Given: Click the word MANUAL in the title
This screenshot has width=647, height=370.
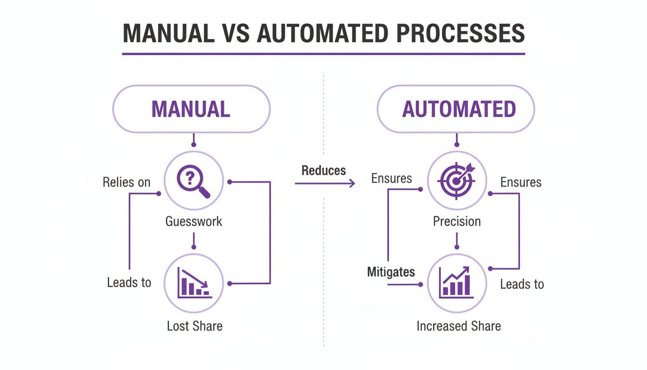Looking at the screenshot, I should [x=168, y=33].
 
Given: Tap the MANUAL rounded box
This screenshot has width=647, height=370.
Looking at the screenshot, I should [x=191, y=109].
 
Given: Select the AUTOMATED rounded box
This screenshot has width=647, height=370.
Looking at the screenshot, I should [x=455, y=109].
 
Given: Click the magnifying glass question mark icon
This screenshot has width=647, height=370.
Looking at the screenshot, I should [x=194, y=181].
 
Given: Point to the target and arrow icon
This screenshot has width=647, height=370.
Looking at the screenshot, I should [x=456, y=181].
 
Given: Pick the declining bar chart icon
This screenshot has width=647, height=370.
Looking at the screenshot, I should [x=194, y=283].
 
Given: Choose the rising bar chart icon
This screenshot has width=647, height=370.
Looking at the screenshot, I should [x=456, y=283].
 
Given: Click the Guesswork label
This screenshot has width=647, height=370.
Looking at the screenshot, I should [x=194, y=222].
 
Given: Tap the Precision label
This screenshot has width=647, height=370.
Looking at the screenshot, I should [x=456, y=222].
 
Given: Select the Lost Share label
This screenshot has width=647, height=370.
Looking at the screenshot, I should [x=194, y=326].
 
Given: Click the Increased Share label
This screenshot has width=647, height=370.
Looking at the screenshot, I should [x=458, y=326].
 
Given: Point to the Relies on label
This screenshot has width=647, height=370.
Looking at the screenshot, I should [x=127, y=182].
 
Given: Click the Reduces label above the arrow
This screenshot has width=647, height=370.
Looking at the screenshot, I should [x=323, y=170].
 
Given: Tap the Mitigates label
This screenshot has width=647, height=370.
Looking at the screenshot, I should [x=391, y=272].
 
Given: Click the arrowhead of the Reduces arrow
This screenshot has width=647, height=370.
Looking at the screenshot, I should [x=352, y=183].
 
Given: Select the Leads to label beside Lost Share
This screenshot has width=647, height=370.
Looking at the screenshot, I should [x=129, y=282].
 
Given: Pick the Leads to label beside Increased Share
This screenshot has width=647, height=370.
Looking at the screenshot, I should [x=522, y=284].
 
